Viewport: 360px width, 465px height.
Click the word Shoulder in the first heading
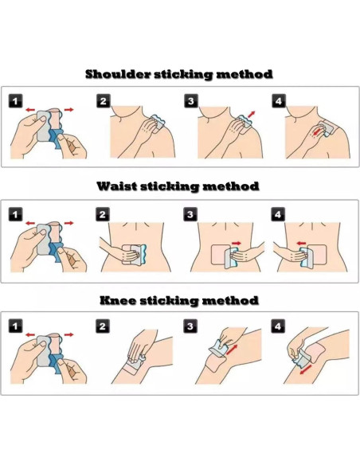[118, 74]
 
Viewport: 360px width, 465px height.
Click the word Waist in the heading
[116, 186]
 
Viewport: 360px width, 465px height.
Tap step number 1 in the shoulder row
[15, 101]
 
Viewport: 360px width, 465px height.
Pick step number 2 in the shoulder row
[104, 101]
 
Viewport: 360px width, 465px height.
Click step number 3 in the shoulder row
[191, 101]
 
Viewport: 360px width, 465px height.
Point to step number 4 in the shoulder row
[279, 101]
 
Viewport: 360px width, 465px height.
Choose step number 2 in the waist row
[103, 214]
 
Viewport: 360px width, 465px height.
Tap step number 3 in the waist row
[190, 214]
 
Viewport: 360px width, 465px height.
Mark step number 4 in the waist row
[278, 214]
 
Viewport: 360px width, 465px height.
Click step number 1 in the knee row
[15, 326]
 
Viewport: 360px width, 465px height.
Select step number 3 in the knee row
[190, 326]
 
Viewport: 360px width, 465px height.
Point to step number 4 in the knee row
[278, 326]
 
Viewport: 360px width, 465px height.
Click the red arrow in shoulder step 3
[252, 114]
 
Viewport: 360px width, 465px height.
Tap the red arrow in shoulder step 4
[319, 131]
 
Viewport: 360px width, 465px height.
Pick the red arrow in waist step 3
[237, 244]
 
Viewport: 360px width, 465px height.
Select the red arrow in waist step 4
[301, 244]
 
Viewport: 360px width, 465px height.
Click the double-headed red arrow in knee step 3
[232, 350]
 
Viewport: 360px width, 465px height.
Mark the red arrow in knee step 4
[305, 369]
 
